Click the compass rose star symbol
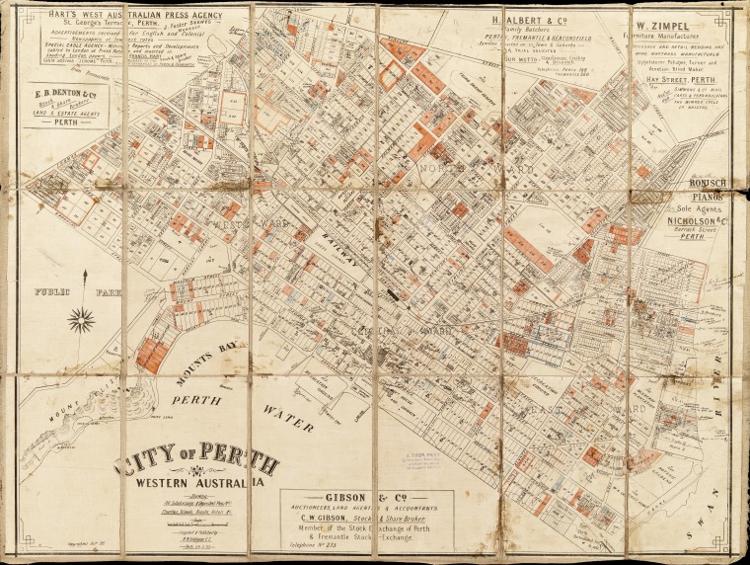83,320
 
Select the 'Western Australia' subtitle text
202,483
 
